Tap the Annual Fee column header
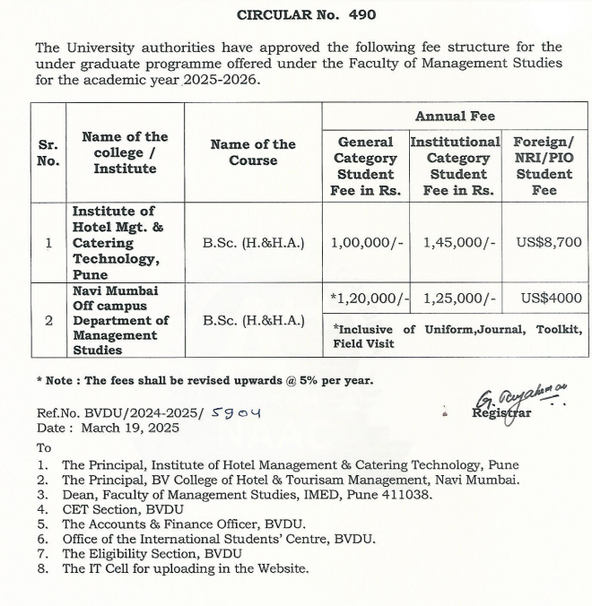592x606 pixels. (455, 117)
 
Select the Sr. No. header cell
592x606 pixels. (48, 152)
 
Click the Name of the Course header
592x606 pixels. (253, 152)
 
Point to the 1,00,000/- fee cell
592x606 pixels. (364, 242)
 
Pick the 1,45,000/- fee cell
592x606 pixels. (455, 242)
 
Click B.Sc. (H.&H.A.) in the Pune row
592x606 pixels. (253, 242)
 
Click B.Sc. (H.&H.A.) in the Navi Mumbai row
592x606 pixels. (253, 320)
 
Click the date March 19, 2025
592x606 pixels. (129, 428)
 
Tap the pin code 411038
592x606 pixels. (406, 494)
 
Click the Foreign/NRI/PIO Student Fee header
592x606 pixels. (544, 166)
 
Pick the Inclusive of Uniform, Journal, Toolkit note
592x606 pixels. (457, 335)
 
